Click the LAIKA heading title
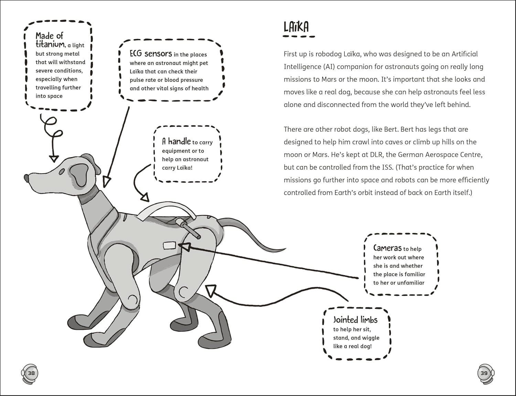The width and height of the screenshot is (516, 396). [x=296, y=27]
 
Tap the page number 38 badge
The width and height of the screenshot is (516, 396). [x=31, y=373]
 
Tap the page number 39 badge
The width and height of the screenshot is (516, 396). [x=484, y=373]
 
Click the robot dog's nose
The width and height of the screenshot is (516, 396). [x=26, y=178]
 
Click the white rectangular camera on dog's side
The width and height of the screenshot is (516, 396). [x=169, y=245]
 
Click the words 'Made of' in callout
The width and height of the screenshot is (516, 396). [x=49, y=36]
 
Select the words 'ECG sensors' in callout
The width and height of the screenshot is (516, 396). [x=150, y=54]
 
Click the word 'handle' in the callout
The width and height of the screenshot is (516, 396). [x=179, y=141]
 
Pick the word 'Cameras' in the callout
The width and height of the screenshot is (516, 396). [x=387, y=248]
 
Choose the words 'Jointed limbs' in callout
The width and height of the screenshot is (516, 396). [x=355, y=320]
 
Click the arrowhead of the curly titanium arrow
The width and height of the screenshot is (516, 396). [x=53, y=158]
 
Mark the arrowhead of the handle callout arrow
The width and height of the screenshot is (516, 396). [x=145, y=198]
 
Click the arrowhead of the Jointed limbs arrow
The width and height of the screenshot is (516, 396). [x=210, y=290]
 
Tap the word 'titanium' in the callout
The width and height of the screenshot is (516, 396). [x=50, y=44]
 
